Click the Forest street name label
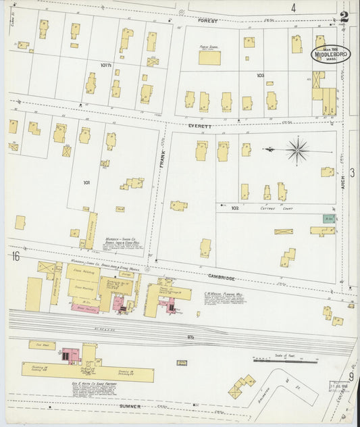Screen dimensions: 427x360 tap(208, 22)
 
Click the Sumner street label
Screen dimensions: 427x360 tap(130, 407)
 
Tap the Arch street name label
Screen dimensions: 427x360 tap(343, 178)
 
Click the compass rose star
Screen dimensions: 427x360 tap(297, 149)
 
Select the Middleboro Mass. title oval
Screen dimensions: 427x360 tap(330, 55)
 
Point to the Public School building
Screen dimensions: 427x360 tap(209, 57)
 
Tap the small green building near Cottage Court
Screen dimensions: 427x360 tap(328, 219)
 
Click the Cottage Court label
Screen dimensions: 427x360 tap(255, 209)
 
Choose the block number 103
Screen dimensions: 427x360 tap(261, 76)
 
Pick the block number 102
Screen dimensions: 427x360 tap(235, 209)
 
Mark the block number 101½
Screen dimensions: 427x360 tap(105, 66)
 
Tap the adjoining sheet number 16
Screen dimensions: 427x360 tap(14, 256)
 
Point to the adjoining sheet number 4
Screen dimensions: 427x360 tap(293, 8)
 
